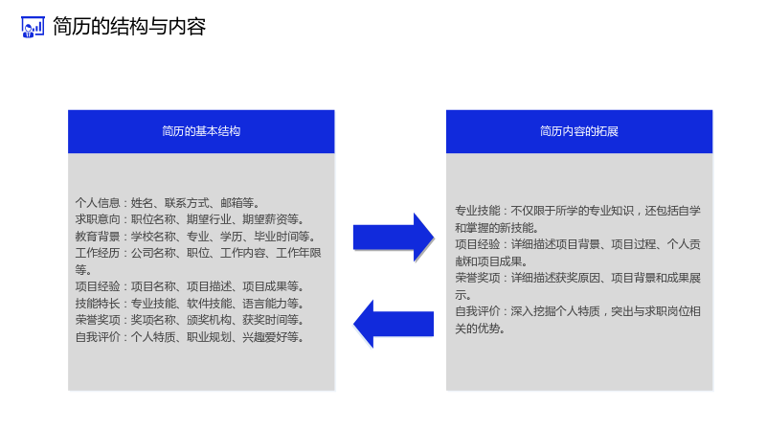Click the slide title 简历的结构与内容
click(x=129, y=27)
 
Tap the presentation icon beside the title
click(x=33, y=27)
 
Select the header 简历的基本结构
click(x=201, y=131)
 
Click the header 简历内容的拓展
click(x=579, y=131)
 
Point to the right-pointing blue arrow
click(x=394, y=238)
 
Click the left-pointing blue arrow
click(x=394, y=324)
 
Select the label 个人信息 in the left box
click(x=98, y=203)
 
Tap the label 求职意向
click(x=98, y=219)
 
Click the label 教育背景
click(x=98, y=237)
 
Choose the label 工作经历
click(x=98, y=253)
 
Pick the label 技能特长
click(x=98, y=304)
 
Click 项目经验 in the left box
click(x=98, y=286)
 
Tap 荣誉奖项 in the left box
click(x=98, y=320)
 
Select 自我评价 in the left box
click(x=98, y=337)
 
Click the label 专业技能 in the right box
click(x=478, y=211)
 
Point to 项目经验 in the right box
click(x=478, y=244)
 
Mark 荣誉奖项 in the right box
click(x=478, y=278)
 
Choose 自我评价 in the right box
click(x=478, y=311)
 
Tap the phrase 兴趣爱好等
click(x=271, y=337)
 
